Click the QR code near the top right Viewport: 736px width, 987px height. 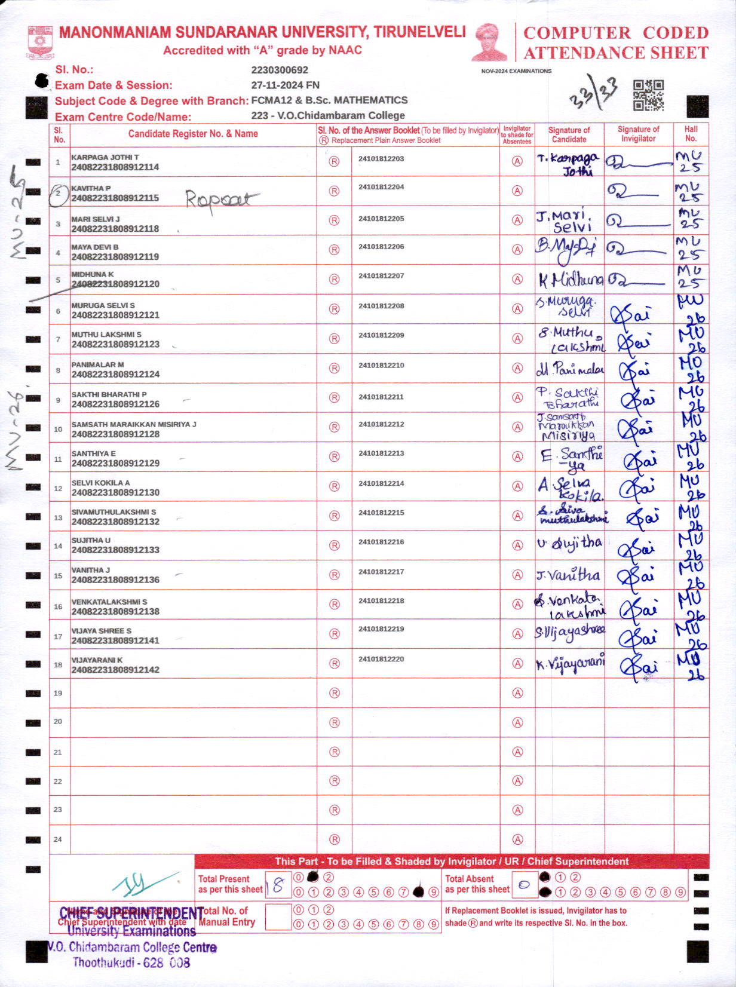click(648, 96)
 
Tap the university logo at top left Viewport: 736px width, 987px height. click(41, 42)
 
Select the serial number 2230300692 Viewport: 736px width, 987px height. click(280, 70)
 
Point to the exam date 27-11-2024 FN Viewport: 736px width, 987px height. click(285, 85)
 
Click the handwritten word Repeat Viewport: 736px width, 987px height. click(221, 199)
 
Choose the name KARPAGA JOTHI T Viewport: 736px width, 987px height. click(105, 157)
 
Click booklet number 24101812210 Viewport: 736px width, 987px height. click(381, 365)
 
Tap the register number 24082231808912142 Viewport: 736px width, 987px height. click(115, 670)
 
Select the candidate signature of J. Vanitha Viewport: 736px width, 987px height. click(568, 575)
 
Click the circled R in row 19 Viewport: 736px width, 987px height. click(335, 693)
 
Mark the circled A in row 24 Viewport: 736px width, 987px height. click(517, 839)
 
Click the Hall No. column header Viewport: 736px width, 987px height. click(691, 133)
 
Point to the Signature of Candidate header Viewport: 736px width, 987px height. click(569, 134)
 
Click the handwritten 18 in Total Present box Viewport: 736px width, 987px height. click(277, 885)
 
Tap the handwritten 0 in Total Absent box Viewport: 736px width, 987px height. click(524, 885)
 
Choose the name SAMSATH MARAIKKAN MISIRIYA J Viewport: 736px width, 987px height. click(134, 424)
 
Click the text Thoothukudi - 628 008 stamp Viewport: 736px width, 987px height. click(131, 963)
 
